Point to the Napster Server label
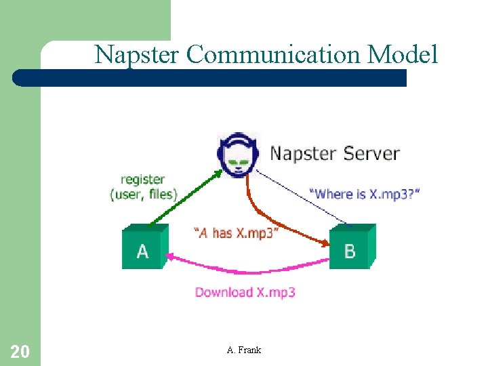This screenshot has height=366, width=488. (x=335, y=153)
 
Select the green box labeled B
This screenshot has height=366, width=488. (x=351, y=248)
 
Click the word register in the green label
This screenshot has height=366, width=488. (x=142, y=180)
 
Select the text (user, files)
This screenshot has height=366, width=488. (x=143, y=195)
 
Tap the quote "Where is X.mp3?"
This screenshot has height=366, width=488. (x=364, y=194)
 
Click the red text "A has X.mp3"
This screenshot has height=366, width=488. (x=235, y=233)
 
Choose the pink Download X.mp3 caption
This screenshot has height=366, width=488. (x=245, y=292)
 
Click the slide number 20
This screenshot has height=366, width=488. (x=20, y=351)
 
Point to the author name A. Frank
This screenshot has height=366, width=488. (x=244, y=350)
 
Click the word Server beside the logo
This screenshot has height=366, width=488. (x=371, y=153)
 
